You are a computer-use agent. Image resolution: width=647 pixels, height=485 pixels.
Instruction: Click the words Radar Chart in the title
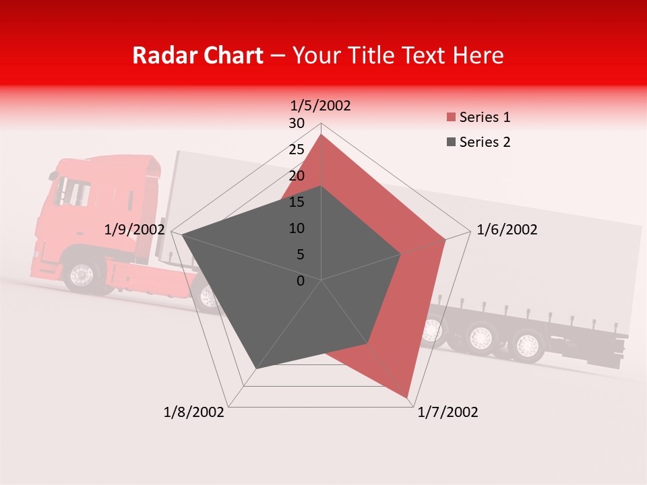click(x=197, y=55)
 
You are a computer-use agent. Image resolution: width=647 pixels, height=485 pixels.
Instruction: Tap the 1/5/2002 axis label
click(x=320, y=105)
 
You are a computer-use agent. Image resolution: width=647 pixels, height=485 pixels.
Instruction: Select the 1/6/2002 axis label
click(x=507, y=230)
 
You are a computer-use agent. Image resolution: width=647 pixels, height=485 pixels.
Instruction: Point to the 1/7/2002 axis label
click(x=448, y=412)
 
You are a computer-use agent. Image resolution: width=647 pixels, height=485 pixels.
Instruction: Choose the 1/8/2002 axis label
click(x=194, y=412)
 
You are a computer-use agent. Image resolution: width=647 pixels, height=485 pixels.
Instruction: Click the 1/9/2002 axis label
click(x=134, y=230)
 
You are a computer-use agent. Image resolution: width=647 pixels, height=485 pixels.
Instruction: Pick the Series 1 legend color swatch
click(x=450, y=118)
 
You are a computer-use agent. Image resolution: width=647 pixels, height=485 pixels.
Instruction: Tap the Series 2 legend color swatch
click(x=450, y=142)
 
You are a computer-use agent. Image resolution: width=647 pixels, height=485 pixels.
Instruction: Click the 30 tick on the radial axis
click(x=297, y=123)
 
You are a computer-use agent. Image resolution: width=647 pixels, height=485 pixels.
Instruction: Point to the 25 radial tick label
click(x=297, y=150)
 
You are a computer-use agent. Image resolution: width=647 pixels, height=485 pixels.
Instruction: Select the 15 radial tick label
click(x=297, y=202)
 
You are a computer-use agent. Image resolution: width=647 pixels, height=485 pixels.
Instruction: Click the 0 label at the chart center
click(x=301, y=281)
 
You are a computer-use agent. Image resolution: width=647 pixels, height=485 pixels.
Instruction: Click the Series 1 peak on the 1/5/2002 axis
click(x=321, y=135)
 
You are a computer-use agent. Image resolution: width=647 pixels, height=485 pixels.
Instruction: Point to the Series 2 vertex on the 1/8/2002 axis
click(x=256, y=368)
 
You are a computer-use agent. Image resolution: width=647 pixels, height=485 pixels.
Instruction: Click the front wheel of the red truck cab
click(x=82, y=275)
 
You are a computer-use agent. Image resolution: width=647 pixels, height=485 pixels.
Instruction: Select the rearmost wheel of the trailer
click(x=526, y=345)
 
